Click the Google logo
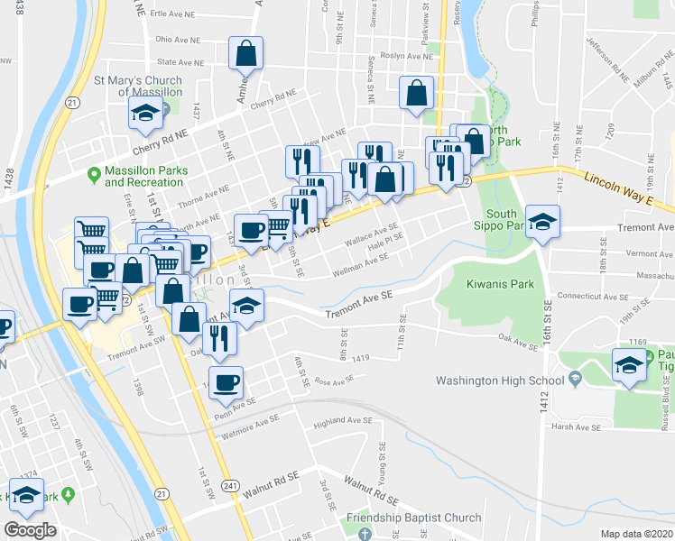click(30, 529)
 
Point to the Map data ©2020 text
click(637, 534)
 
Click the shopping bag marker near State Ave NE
click(245, 55)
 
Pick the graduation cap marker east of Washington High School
click(629, 365)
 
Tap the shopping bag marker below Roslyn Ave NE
click(417, 93)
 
